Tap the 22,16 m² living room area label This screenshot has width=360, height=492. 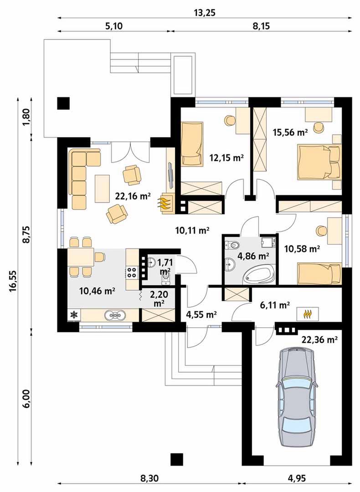(133, 196)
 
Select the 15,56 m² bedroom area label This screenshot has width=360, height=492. (290, 133)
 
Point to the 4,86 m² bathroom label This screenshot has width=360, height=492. (253, 256)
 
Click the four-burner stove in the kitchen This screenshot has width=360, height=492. (132, 272)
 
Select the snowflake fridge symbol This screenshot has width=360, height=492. (74, 314)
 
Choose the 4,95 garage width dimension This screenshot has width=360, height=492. (297, 478)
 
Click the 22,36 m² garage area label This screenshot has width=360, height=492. (319, 339)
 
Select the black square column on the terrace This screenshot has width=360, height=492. (63, 103)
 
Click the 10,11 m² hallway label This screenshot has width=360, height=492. (192, 231)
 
